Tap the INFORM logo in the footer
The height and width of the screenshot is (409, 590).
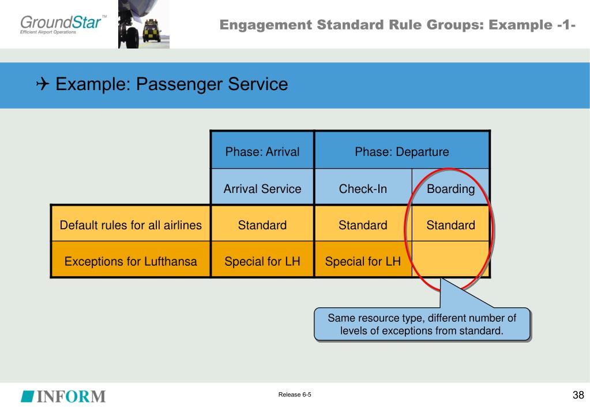pyautogui.click(x=63, y=396)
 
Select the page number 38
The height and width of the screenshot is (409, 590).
pyautogui.click(x=578, y=395)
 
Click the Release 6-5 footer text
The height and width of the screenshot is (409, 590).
pyautogui.click(x=295, y=395)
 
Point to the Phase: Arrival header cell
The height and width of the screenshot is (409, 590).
pyautogui.click(x=262, y=151)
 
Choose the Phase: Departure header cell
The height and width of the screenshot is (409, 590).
pyautogui.click(x=402, y=151)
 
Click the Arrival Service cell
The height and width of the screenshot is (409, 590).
pyautogui.click(x=262, y=188)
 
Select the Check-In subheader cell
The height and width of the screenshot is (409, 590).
pyautogui.click(x=363, y=188)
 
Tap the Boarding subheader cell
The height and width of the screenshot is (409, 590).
pyautogui.click(x=451, y=188)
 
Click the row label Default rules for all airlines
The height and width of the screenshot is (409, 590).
pyautogui.click(x=130, y=225)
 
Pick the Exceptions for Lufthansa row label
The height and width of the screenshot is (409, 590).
pyautogui.click(x=130, y=261)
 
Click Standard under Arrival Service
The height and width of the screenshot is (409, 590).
pyautogui.click(x=262, y=225)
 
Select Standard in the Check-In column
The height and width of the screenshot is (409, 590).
pyautogui.click(x=363, y=225)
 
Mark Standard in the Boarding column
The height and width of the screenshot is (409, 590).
pyautogui.click(x=451, y=225)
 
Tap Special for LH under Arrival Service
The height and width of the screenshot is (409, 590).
pyautogui.click(x=262, y=261)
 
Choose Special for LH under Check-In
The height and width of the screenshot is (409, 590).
pyautogui.click(x=363, y=261)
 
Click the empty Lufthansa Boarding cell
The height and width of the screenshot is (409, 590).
pyautogui.click(x=451, y=259)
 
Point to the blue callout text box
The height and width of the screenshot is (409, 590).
pyautogui.click(x=422, y=324)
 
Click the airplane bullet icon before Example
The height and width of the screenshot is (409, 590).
pyautogui.click(x=43, y=84)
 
